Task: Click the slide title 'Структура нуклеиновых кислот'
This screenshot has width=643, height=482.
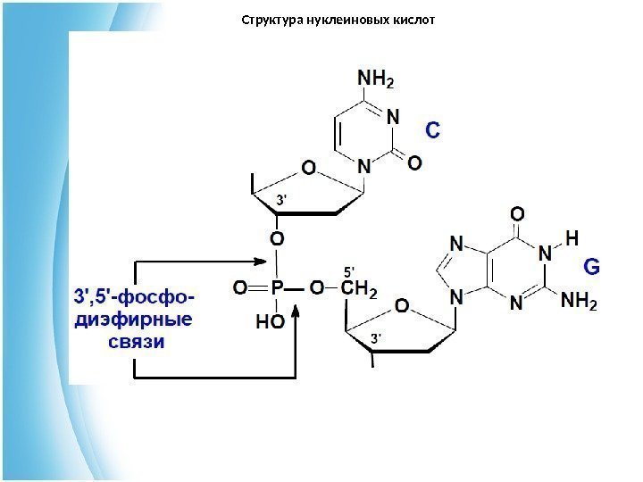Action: click(338, 19)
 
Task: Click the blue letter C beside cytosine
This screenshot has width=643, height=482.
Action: click(431, 130)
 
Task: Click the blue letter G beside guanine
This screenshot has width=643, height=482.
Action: click(591, 266)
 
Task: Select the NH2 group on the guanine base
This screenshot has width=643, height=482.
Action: click(580, 303)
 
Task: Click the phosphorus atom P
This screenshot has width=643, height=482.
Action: click(277, 289)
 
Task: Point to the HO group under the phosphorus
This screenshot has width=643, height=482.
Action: click(271, 321)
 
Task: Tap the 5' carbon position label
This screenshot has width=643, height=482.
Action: click(349, 270)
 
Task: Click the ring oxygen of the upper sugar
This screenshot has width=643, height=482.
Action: click(308, 167)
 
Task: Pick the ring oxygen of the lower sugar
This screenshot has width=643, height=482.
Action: click(402, 307)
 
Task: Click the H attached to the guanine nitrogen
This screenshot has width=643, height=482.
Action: click(572, 237)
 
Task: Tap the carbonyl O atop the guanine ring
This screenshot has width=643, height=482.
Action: click(516, 214)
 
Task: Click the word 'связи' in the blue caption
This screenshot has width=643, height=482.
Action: click(137, 342)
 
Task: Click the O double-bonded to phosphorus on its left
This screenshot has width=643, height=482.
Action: click(239, 289)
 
